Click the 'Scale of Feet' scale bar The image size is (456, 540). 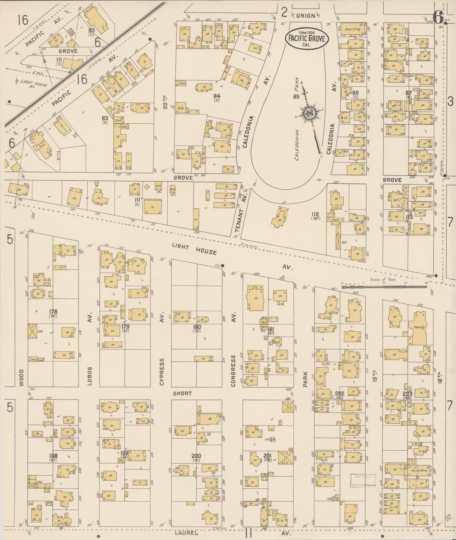point(384,286)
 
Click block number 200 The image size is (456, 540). point(196,456)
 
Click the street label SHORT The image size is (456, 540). point(182,393)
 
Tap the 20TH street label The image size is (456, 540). point(166,102)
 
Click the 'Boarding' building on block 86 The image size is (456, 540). point(353,29)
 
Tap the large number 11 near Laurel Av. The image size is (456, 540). point(248,533)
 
